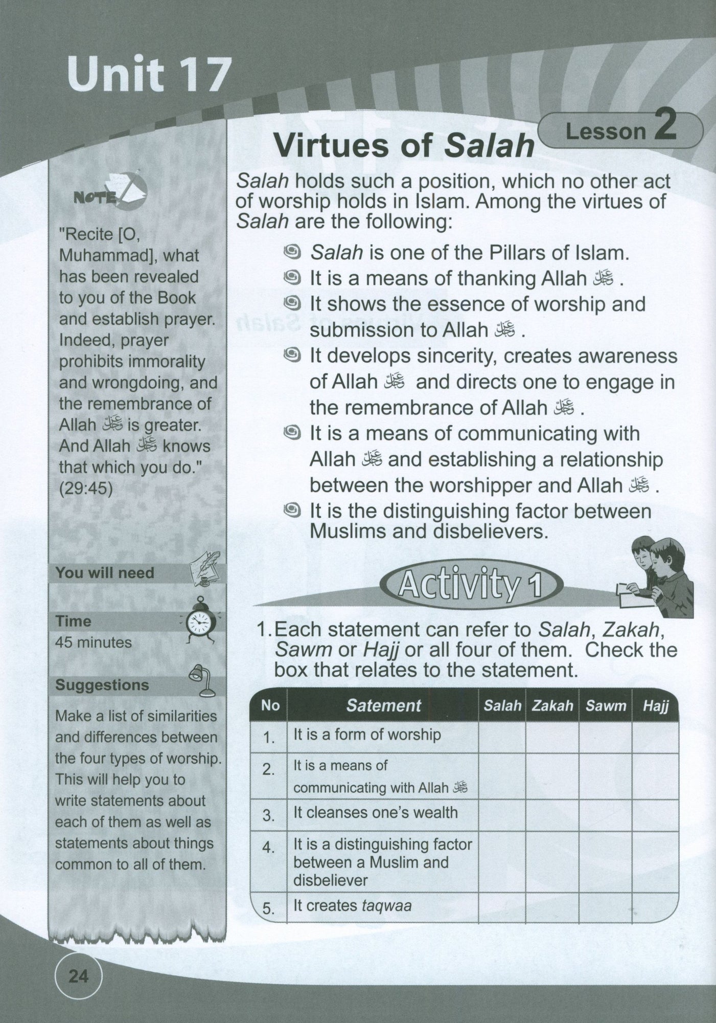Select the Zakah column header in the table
[x=552, y=706]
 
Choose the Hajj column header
[x=656, y=706]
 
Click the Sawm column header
[x=606, y=706]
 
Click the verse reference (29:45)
[x=86, y=488]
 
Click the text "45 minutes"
[x=94, y=642]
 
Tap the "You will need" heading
[x=105, y=572]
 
